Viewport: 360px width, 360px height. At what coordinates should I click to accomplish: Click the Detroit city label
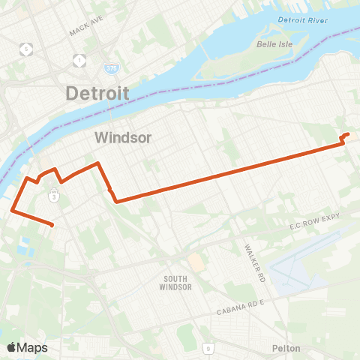tap(97, 94)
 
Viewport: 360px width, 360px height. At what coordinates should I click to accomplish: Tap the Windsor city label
tap(124, 138)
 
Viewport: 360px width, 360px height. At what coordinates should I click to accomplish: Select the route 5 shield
tap(28, 49)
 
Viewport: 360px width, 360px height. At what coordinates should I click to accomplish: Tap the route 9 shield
tap(207, 348)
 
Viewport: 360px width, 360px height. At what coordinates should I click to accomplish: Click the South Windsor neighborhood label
tap(178, 283)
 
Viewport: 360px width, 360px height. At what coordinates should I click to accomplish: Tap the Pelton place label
tap(286, 348)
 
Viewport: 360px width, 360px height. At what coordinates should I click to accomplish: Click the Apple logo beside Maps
tap(11, 347)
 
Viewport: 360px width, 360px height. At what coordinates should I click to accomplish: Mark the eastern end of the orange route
tap(348, 134)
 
